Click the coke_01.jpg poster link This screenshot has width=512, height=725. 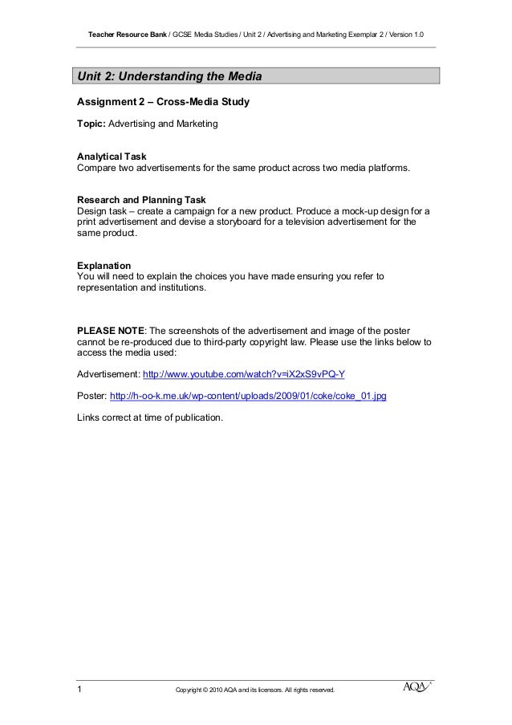tap(247, 397)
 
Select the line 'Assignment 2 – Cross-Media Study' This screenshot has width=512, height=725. tap(163, 103)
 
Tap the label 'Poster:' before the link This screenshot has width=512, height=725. tap(91, 397)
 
